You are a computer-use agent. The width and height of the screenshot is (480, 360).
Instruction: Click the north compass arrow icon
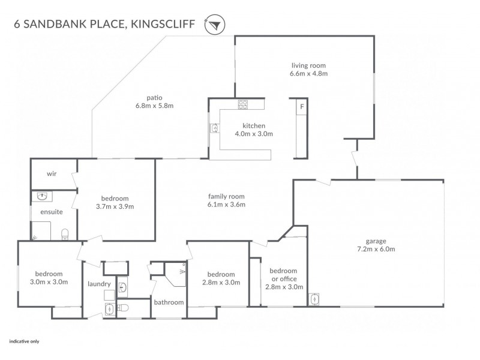pos(214,24)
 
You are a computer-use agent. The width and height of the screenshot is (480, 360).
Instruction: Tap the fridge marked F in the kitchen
pos(302,107)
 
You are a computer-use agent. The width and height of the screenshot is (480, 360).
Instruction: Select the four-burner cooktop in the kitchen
pos(244,105)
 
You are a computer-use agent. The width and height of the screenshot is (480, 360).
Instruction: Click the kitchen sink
pos(214,127)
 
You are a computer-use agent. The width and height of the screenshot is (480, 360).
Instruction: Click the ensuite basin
pos(41,196)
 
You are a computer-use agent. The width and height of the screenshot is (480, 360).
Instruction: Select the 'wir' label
pos(52,174)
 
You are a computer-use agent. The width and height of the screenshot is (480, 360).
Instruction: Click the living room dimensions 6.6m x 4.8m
pos(308,74)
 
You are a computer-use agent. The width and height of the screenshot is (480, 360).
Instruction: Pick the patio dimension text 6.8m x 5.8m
pos(155,106)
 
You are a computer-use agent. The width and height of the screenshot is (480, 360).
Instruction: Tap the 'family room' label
pos(226,196)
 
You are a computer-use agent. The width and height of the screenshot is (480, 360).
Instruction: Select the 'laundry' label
pos(98,284)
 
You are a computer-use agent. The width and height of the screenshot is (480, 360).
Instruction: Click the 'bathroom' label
pos(169,302)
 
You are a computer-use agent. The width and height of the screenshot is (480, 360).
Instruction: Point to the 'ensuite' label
pos(52,212)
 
